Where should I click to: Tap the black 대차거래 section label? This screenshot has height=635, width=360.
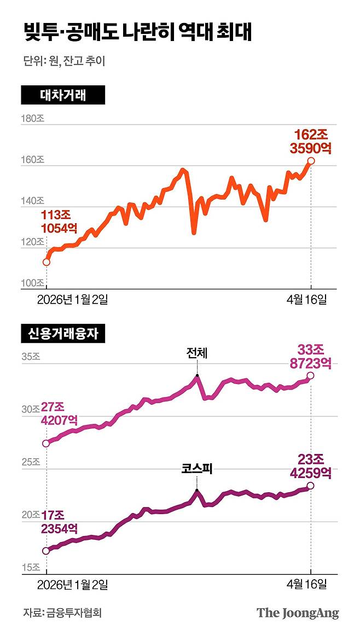pyautogui.click(x=63, y=95)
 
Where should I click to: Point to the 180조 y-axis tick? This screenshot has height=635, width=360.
pyautogui.click(x=32, y=119)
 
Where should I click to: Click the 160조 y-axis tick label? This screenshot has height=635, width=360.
pyautogui.click(x=32, y=160)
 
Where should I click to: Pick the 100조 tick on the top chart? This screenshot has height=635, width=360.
pyautogui.click(x=32, y=283)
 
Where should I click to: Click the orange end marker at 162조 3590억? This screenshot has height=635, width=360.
pyautogui.click(x=311, y=161)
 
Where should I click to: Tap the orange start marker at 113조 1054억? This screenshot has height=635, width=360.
pyautogui.click(x=47, y=262)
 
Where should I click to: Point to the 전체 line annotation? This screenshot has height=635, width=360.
pyautogui.click(x=196, y=354)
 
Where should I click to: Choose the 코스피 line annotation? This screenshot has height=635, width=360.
pyautogui.click(x=196, y=469)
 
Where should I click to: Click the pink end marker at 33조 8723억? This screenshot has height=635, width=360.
pyautogui.click(x=311, y=375)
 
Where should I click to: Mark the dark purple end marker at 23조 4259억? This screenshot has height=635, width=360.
pyautogui.click(x=311, y=486)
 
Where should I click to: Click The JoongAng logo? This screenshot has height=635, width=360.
pyautogui.click(x=298, y=613)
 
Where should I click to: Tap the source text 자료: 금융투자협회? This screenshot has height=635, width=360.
pyautogui.click(x=62, y=613)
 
